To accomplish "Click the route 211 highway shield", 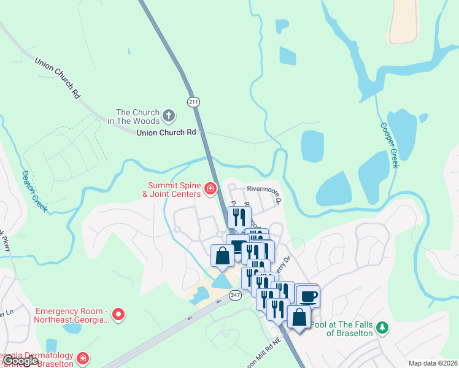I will click(x=194, y=101).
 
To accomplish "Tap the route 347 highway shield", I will click(x=234, y=295).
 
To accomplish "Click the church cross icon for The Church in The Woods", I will click(x=169, y=115).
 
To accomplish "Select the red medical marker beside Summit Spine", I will click(x=210, y=188).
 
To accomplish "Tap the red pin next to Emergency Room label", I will click(x=119, y=315).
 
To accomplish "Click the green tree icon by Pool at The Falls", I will click(x=382, y=328).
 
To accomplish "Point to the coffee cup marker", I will click(x=307, y=296).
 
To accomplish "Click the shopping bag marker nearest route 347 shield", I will click(x=222, y=256).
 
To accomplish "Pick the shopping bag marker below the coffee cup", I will click(x=299, y=318).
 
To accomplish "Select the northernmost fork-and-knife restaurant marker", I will click(x=239, y=217).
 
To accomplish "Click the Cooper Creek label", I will click(x=389, y=145).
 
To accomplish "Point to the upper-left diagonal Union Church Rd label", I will click(x=58, y=79).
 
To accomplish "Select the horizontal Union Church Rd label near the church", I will click(x=166, y=132).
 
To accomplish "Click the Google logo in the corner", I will click(x=21, y=361).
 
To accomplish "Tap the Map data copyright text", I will click(x=433, y=362).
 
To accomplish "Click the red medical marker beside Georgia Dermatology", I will click(x=82, y=358).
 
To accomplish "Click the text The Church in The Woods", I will click(x=138, y=116).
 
